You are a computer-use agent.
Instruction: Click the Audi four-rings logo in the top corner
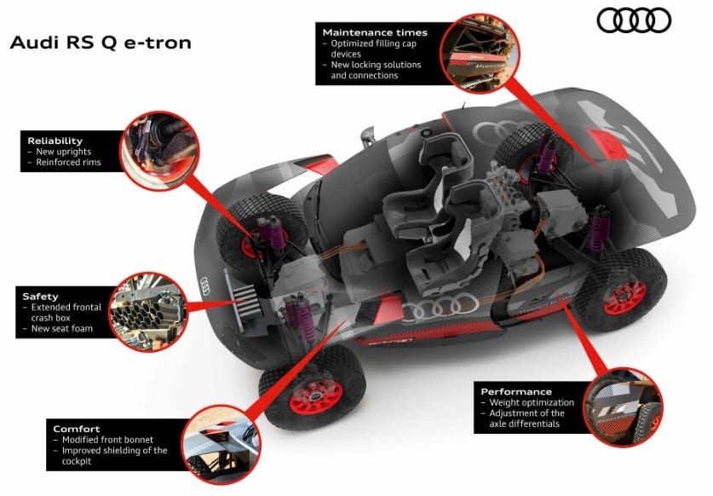[634, 20]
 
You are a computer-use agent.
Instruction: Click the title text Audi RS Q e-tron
[101, 43]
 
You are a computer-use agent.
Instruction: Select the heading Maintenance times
[375, 32]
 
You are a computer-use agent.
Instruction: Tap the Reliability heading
[55, 141]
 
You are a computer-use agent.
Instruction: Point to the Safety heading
[41, 297]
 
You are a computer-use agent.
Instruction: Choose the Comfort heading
[77, 429]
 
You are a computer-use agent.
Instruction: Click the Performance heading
[516, 391]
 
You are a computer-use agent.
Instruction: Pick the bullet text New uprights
[64, 152]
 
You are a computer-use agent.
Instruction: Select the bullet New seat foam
[62, 329]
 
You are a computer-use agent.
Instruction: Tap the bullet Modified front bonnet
[108, 440]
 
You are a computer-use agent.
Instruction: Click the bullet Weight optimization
[532, 402]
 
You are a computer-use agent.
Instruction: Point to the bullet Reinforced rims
[68, 163]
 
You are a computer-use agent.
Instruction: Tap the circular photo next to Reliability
[159, 151]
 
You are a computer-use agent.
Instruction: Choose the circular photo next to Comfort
[221, 445]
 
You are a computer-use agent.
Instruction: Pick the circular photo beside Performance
[622, 407]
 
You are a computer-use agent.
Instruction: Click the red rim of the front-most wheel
[316, 397]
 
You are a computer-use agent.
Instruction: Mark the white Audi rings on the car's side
[440, 306]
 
